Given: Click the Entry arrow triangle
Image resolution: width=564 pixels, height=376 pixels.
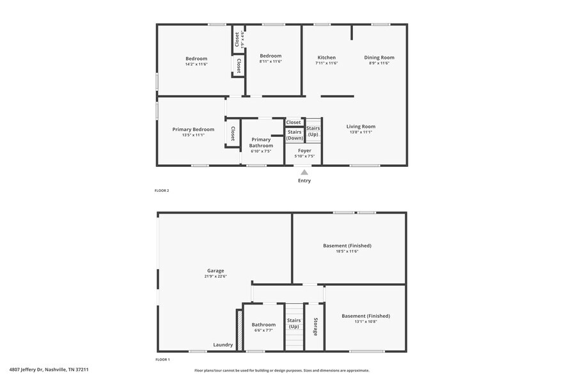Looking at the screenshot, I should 304,172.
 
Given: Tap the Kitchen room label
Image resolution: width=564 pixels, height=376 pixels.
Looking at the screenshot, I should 326,58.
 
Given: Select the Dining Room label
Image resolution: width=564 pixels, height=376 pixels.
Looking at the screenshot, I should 379,58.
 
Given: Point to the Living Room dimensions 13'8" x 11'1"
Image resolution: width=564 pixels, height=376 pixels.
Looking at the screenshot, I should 361,132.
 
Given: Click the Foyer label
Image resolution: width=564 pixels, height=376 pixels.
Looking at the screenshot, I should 304,151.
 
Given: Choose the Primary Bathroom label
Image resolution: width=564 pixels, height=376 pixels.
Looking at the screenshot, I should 261,143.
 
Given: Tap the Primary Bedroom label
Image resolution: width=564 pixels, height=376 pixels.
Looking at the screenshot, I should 193,129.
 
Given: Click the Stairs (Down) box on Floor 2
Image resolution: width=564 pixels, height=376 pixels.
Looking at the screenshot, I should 295,135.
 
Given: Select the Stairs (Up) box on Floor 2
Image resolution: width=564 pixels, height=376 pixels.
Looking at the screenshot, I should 313,130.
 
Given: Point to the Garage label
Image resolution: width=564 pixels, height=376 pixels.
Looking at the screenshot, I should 215,270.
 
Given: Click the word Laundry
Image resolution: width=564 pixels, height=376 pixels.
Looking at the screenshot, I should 223,345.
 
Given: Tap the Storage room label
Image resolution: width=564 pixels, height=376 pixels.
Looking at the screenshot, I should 315,327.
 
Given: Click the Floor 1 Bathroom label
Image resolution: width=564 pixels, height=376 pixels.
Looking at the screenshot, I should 263,324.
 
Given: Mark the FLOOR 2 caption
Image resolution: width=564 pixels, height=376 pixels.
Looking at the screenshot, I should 162,191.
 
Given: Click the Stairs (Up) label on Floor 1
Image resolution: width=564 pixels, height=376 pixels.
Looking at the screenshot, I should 294,324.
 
